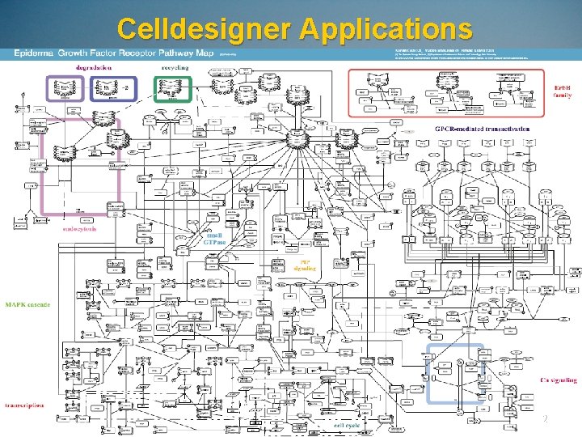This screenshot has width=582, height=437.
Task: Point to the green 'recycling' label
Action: (x=175, y=68)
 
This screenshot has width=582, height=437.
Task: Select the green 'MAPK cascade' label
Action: (x=27, y=305)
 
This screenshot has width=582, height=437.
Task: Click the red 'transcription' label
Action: (x=24, y=405)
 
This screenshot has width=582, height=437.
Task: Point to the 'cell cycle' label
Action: (x=348, y=424)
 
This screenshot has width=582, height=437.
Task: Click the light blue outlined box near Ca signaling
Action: (x=455, y=373)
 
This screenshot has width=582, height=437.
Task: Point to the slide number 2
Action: (x=545, y=419)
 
